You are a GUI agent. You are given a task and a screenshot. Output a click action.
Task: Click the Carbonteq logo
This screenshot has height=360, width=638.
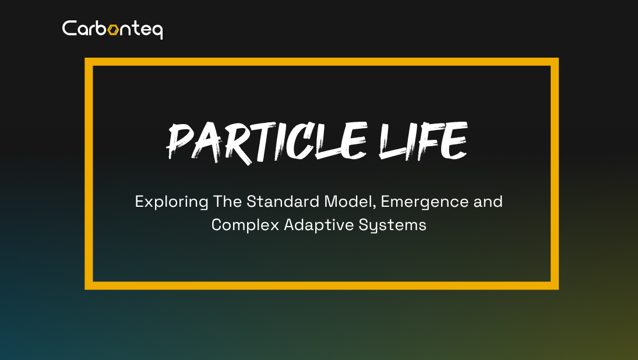click(112, 29)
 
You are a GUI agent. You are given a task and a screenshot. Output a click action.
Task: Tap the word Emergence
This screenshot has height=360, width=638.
click(426, 202)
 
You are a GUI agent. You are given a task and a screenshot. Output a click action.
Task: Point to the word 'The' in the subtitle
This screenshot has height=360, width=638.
click(227, 202)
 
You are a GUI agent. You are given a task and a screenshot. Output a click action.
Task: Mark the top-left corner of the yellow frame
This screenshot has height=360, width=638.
click(89, 62)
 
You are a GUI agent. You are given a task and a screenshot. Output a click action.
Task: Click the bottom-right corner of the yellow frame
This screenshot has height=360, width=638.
click(555, 285)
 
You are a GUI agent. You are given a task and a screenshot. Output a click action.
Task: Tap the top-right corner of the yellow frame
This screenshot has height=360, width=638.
click(555, 62)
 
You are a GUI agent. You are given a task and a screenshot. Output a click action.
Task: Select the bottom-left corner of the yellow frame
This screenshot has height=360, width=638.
click(89, 285)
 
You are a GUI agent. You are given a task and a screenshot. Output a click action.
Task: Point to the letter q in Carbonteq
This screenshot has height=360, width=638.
click(157, 30)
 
